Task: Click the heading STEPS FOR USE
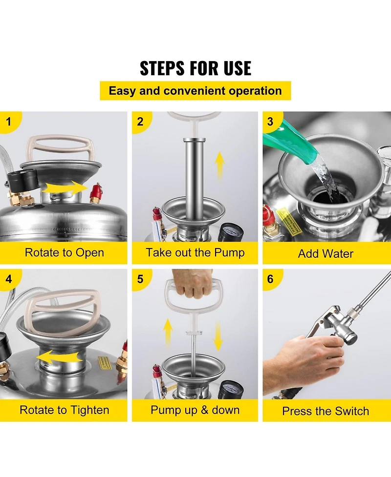195,68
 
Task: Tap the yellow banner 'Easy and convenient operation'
195,91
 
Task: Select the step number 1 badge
9,122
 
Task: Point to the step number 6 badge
271,279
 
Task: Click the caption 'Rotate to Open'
64,252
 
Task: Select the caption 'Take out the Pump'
195,252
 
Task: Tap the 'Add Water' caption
326,253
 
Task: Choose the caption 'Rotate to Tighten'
64,410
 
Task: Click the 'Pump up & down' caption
195,410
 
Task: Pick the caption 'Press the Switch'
326,411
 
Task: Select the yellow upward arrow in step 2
220,166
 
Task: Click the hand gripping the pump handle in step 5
193,284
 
